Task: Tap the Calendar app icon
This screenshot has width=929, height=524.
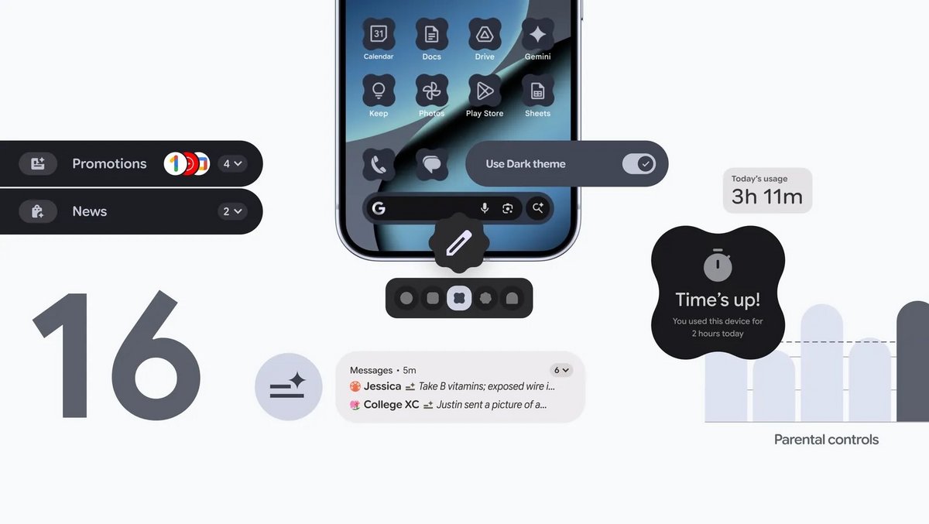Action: pyautogui.click(x=379, y=35)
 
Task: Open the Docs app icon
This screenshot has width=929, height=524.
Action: pyautogui.click(x=432, y=35)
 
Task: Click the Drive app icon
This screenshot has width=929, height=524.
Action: pyautogui.click(x=485, y=35)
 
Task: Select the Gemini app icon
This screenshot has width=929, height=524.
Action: pyautogui.click(x=537, y=35)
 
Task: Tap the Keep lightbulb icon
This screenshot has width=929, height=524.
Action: pyautogui.click(x=379, y=91)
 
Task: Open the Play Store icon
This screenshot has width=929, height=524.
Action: pyautogui.click(x=485, y=91)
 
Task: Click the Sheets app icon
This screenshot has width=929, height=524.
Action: pyautogui.click(x=537, y=91)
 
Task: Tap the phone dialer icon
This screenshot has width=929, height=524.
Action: pyautogui.click(x=379, y=164)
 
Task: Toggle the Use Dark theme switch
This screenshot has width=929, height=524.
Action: pyautogui.click(x=639, y=164)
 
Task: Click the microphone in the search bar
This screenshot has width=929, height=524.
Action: pyautogui.click(x=485, y=208)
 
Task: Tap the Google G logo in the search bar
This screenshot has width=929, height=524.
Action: pyautogui.click(x=379, y=208)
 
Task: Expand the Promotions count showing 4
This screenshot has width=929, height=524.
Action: pyautogui.click(x=232, y=164)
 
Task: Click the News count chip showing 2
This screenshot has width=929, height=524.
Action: pyautogui.click(x=232, y=211)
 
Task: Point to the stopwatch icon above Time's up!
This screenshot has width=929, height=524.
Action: pyautogui.click(x=718, y=266)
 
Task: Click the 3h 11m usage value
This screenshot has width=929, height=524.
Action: pyautogui.click(x=766, y=197)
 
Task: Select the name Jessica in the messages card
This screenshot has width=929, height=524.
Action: pyautogui.click(x=382, y=386)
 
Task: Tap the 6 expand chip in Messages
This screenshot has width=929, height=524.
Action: pyautogui.click(x=560, y=370)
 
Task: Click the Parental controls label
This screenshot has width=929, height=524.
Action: pyautogui.click(x=826, y=440)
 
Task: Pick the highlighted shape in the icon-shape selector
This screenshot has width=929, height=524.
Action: pyautogui.click(x=459, y=298)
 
